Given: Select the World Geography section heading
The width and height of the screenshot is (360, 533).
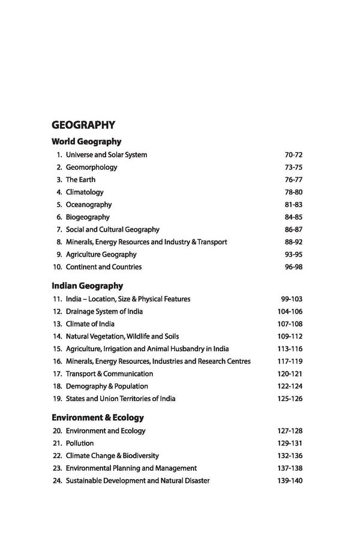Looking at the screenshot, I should [86, 142].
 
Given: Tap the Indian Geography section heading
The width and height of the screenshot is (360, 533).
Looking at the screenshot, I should [88, 286].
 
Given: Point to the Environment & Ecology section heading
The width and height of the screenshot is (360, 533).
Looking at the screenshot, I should [98, 417].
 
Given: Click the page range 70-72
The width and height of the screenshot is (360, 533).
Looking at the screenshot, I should [293, 155].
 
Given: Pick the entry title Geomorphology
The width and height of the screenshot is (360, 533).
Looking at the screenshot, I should [91, 167].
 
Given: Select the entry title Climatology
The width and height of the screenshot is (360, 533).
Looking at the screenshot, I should [85, 192].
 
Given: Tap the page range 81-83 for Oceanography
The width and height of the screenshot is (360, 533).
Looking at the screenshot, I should [293, 205].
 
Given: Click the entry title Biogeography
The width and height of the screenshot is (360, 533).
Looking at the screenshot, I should [88, 217].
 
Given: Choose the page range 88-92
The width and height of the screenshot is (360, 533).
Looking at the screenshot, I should [293, 242].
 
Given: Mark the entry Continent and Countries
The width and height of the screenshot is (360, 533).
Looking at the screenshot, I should [104, 267].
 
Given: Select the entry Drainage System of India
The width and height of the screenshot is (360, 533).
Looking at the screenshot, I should [104, 311].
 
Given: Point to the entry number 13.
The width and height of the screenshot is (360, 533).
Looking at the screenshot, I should [57, 324].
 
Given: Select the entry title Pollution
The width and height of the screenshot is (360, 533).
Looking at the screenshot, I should [80, 443].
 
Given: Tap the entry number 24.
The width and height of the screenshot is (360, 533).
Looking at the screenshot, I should [57, 481].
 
